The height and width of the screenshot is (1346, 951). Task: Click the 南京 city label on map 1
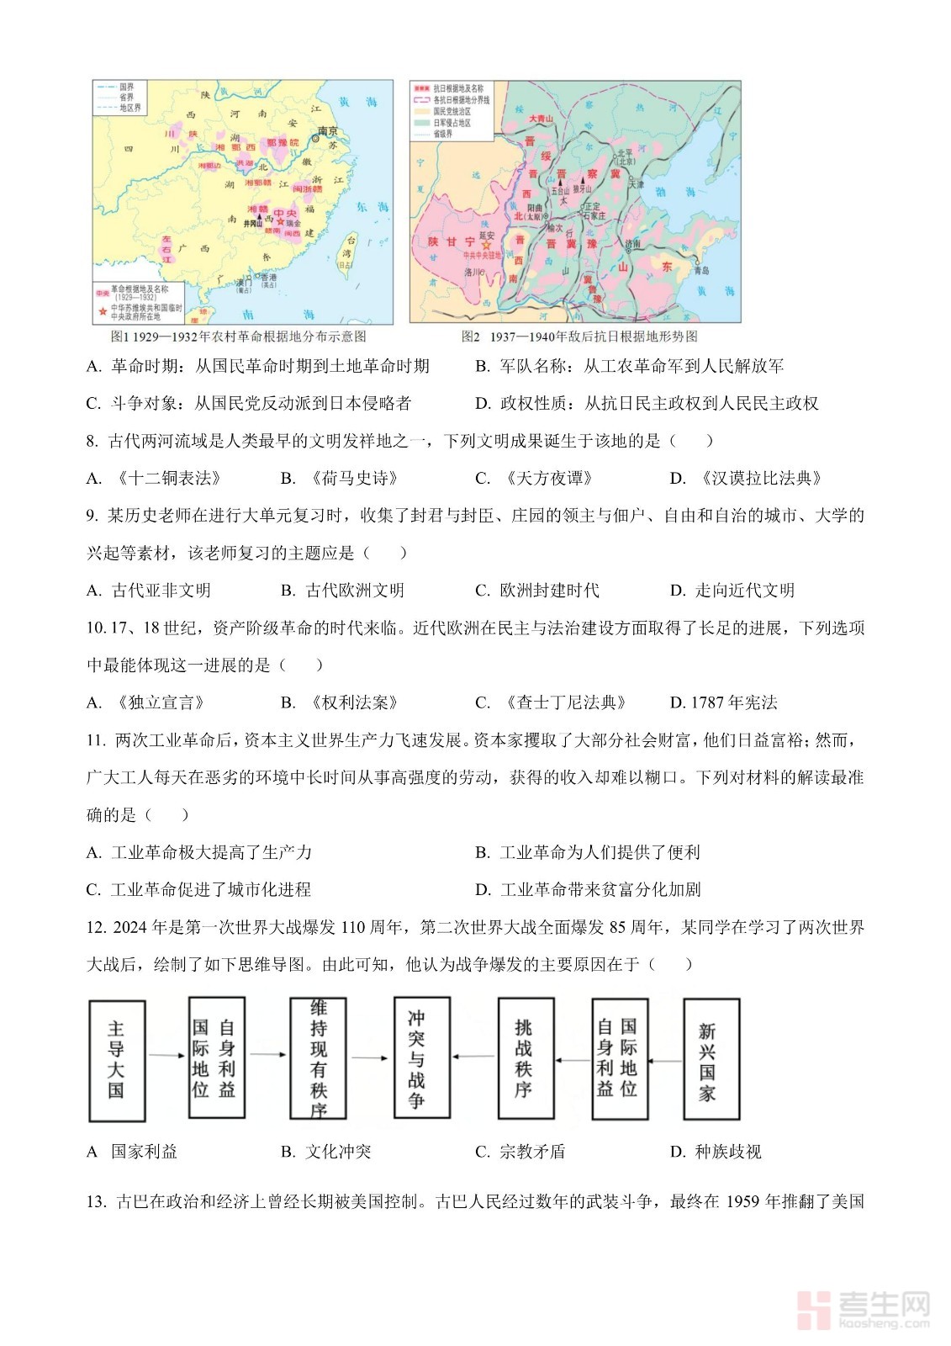(328, 131)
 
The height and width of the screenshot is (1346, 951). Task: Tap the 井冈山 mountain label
(253, 224)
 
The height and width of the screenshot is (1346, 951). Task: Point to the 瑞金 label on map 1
(293, 223)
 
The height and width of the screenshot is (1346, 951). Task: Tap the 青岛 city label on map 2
(700, 270)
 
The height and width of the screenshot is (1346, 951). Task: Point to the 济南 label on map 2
(632, 243)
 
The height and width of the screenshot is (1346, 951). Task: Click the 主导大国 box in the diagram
(117, 1060)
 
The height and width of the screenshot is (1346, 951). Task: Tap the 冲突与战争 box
(421, 1058)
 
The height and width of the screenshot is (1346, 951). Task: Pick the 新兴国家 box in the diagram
(711, 1060)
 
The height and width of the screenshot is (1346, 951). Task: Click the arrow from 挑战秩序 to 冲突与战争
(473, 1057)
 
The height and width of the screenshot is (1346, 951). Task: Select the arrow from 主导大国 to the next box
(166, 1055)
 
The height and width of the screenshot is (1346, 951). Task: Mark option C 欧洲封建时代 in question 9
(537, 591)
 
